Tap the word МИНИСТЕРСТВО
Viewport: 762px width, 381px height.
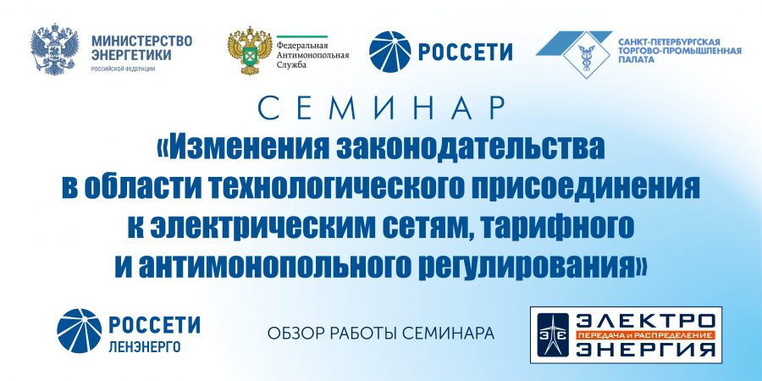coord(142,41)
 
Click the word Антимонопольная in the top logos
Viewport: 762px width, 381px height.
coord(313,55)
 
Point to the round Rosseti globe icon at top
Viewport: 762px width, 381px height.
coord(389,52)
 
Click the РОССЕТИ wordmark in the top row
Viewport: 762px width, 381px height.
coord(465,52)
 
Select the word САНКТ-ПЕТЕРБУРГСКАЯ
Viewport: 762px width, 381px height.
coord(669,43)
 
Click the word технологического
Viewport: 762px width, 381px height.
coord(333,189)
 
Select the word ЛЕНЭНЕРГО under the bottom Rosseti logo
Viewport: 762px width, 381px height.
coord(144,347)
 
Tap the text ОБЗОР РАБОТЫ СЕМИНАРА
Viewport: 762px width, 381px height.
coord(381,334)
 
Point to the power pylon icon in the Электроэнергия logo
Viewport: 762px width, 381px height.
coord(553,334)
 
